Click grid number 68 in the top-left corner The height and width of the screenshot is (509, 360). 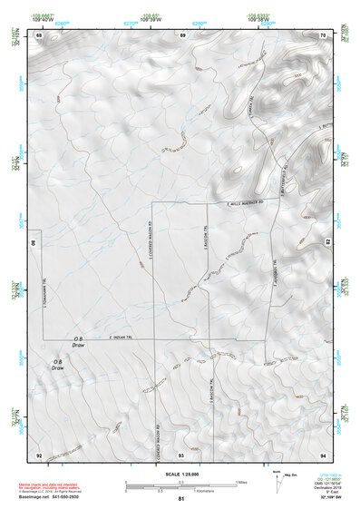[40, 34]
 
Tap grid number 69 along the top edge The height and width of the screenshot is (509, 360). [182, 34]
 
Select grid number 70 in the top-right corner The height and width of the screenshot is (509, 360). [323, 34]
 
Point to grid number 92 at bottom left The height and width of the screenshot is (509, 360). [40, 454]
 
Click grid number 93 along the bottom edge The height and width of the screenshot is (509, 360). [181, 454]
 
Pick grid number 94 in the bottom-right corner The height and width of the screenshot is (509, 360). [323, 454]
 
